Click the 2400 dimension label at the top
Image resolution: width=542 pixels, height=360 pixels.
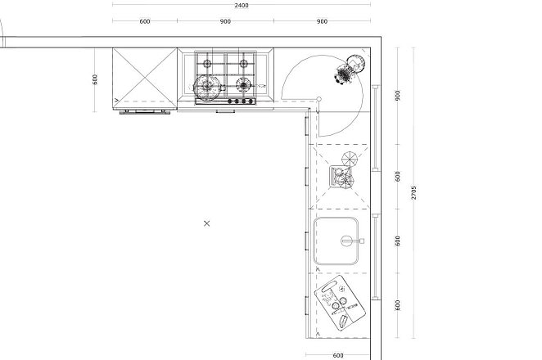pyautogui.click(x=242, y=5)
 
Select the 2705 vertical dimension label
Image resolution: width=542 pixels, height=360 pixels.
pyautogui.click(x=413, y=193)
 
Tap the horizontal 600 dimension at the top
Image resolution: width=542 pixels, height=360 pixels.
pyautogui.click(x=145, y=21)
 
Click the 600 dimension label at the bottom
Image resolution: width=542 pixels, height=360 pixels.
pyautogui.click(x=337, y=355)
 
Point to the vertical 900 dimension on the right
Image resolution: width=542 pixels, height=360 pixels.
pyautogui.click(x=398, y=96)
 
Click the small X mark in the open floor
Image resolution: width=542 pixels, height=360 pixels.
pyautogui.click(x=206, y=223)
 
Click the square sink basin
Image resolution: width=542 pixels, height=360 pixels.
pyautogui.click(x=336, y=241)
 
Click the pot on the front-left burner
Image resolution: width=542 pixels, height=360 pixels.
pyautogui.click(x=207, y=87)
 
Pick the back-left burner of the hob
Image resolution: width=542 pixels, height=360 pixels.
pyautogui.click(x=207, y=64)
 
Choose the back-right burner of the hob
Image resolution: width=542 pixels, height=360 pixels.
pyautogui.click(x=244, y=64)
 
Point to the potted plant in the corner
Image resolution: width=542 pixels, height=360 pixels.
pyautogui.click(x=350, y=69)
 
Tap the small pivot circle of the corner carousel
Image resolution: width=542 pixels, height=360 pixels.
pyautogui.click(x=319, y=99)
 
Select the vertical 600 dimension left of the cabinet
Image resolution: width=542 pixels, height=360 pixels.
pyautogui.click(x=95, y=79)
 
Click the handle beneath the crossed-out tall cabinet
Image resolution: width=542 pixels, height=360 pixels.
pyautogui.click(x=145, y=112)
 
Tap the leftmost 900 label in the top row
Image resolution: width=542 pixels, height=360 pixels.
pyautogui.click(x=225, y=21)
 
